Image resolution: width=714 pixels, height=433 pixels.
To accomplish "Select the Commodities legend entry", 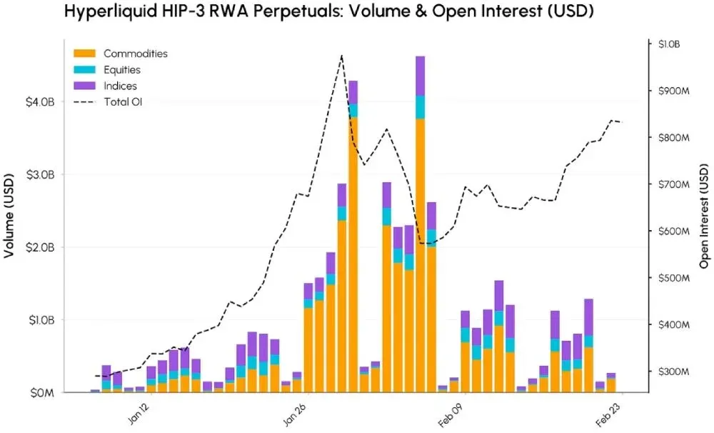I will click(x=135, y=54).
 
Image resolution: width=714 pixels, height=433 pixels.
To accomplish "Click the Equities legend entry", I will click(x=121, y=70).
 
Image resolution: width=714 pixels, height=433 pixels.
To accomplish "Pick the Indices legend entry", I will click(x=120, y=86).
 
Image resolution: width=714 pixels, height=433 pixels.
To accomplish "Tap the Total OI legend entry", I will click(x=122, y=102).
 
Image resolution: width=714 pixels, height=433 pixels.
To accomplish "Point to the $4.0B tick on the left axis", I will click(x=40, y=102).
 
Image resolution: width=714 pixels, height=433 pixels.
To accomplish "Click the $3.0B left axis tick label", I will click(x=40, y=175).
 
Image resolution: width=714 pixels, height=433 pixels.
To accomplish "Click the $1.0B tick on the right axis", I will click(x=668, y=44).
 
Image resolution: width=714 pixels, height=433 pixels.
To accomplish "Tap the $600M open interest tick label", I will click(x=670, y=232).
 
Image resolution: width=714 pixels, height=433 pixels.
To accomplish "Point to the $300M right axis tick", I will click(x=670, y=372).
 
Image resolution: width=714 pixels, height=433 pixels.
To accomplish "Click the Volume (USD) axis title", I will click(x=11, y=215).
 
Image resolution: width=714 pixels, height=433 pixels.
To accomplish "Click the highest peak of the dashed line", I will click(x=341, y=55).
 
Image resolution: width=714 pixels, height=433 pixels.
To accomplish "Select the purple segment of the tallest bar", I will click(x=421, y=75).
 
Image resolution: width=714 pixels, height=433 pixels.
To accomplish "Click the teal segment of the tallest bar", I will click(x=421, y=106).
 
